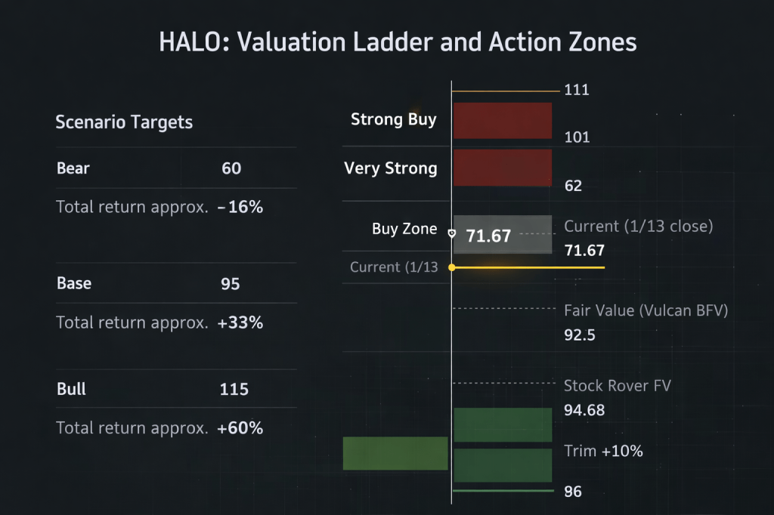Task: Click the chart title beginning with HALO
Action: pos(398,42)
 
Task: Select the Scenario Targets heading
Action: pos(124,122)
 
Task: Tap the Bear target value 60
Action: pos(231,168)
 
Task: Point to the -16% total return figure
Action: pos(240,207)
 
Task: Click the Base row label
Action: pos(74,283)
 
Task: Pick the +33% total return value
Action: pos(240,322)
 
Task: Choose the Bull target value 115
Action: pos(234,389)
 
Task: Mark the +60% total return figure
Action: pos(240,428)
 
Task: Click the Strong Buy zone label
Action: pos(393,119)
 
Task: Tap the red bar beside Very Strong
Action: pos(502,167)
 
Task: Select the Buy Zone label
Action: pos(404,229)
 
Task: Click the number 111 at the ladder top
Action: pos(577,91)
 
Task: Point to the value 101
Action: pos(577,137)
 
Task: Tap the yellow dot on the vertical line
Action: pos(451,267)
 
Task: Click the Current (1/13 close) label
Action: pos(639,226)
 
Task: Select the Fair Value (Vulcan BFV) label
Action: pos(646,310)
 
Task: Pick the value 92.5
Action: pos(580,335)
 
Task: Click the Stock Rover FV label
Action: pos(618,386)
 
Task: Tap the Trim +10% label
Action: pos(603,452)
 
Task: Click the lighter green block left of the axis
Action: pos(395,453)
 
